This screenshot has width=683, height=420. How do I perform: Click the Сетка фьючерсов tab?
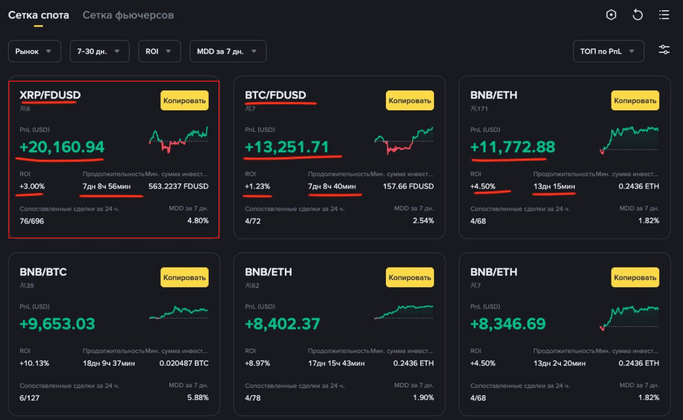click(x=128, y=15)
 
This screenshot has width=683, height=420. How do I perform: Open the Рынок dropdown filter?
click(x=34, y=51)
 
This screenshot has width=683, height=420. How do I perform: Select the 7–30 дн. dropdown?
click(x=99, y=51)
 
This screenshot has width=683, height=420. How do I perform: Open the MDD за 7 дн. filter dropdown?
click(x=228, y=51)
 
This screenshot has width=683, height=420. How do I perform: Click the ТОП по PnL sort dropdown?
click(x=608, y=51)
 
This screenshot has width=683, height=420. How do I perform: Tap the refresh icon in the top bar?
click(x=638, y=15)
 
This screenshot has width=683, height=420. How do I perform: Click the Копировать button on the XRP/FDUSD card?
click(x=185, y=101)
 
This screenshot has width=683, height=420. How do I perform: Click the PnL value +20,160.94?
click(x=62, y=147)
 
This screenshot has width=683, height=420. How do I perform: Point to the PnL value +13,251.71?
click(x=287, y=147)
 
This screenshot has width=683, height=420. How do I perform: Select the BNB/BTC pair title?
click(x=43, y=272)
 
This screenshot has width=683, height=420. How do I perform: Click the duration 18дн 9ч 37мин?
click(x=107, y=363)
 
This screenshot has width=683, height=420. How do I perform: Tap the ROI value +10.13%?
click(x=34, y=363)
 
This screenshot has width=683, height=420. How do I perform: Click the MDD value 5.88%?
click(x=198, y=398)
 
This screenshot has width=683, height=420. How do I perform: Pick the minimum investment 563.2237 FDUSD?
click(x=178, y=186)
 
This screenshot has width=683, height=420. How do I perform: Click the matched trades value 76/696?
click(x=32, y=221)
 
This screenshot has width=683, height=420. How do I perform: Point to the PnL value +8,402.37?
click(x=282, y=324)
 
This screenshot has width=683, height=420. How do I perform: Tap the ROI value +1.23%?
click(x=257, y=186)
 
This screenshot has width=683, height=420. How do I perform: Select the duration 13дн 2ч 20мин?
click(x=559, y=363)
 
